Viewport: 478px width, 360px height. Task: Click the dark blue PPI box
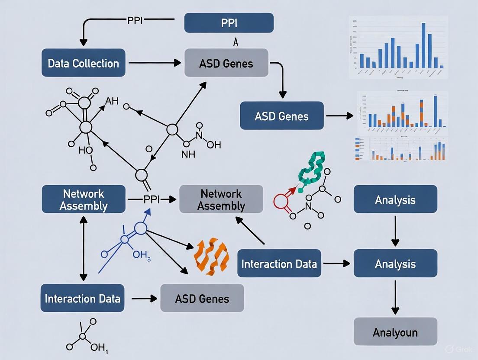click(229, 23)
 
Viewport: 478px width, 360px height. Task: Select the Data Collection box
click(83, 63)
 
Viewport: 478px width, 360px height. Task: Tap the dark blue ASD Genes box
click(282, 116)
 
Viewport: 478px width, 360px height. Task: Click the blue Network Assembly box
click(83, 199)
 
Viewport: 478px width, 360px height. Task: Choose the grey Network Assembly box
click(221, 199)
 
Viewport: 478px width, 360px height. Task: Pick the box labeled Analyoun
click(395, 331)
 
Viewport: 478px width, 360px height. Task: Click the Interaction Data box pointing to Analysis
click(279, 263)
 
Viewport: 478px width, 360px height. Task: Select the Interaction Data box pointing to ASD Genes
click(82, 298)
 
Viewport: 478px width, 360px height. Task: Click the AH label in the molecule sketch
click(111, 101)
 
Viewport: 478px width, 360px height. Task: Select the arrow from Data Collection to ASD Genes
click(155, 63)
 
